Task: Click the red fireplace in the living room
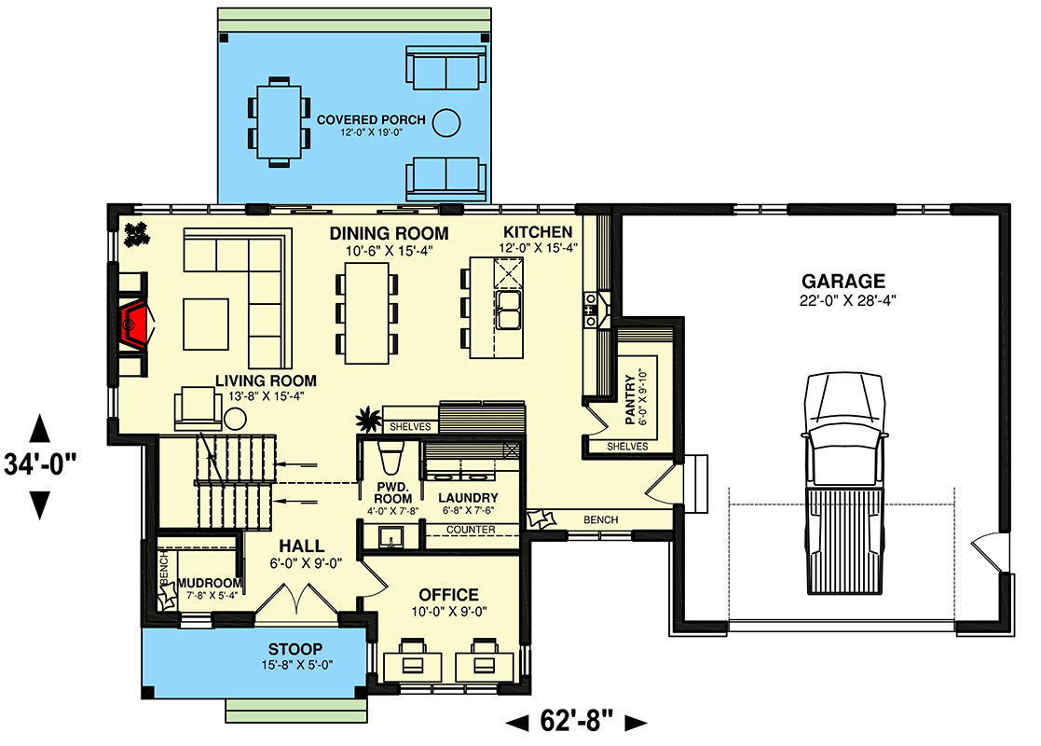pyautogui.click(x=135, y=323)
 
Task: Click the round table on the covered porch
pyautogui.click(x=448, y=120)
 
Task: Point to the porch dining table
pyautogui.click(x=278, y=121)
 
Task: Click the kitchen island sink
pyautogui.click(x=509, y=311)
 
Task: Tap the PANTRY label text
pyautogui.click(x=630, y=399)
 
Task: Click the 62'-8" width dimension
pyautogui.click(x=576, y=721)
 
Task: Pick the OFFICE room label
pyautogui.click(x=448, y=595)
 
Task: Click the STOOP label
pyautogui.click(x=295, y=649)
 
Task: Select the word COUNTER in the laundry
pyautogui.click(x=470, y=530)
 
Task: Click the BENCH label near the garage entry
pyautogui.click(x=601, y=519)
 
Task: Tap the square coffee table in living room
pyautogui.click(x=205, y=322)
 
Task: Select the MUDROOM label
pyautogui.click(x=210, y=584)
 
